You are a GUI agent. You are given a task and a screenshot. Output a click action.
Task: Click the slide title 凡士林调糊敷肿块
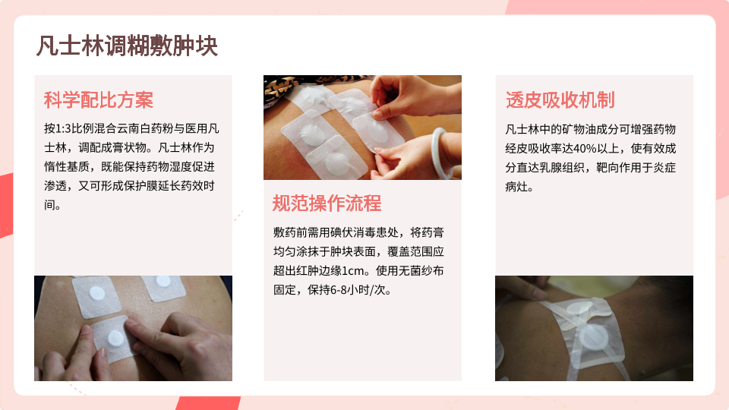[127, 46]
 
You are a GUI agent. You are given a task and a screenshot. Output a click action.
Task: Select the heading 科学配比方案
[99, 100]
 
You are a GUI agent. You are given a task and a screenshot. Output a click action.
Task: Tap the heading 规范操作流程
[327, 203]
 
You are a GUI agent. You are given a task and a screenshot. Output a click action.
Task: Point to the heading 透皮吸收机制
[560, 100]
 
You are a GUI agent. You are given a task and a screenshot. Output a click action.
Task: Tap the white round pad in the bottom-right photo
[594, 337]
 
